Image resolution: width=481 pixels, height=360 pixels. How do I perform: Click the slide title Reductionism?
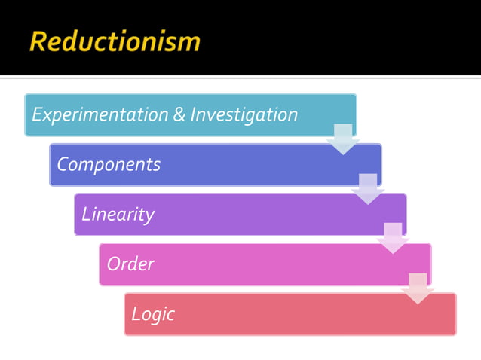point(115,41)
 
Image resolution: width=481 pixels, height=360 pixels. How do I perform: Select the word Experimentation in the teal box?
point(100,115)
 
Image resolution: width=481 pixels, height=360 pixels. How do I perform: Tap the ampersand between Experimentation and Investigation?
point(179,115)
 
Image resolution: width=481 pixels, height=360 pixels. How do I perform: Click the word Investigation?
point(244,115)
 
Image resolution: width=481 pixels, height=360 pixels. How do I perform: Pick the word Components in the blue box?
point(109,165)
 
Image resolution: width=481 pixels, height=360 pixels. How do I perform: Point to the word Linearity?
point(118,215)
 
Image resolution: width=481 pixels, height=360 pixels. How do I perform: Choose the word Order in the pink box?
point(130,264)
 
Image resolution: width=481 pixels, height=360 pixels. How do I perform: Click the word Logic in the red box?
point(153,314)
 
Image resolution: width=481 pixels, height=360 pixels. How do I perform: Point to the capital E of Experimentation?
point(37,115)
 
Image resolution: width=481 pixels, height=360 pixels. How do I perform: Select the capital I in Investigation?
point(193,115)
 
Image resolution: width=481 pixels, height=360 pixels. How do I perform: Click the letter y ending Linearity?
point(150,216)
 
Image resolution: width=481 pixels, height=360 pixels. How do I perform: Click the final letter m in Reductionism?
point(190,43)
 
